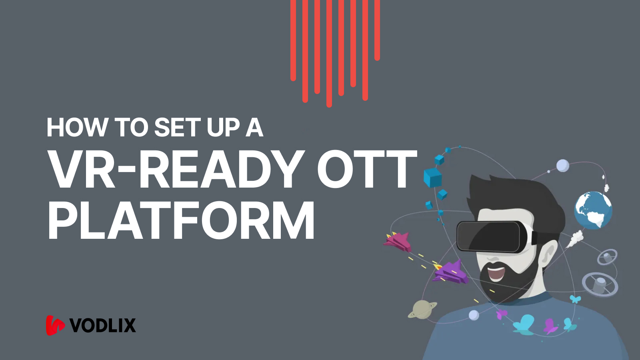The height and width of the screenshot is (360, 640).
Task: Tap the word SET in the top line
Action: (177, 128)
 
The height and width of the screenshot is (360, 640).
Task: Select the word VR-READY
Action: (176, 170)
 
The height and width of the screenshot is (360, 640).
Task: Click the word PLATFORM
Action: (181, 221)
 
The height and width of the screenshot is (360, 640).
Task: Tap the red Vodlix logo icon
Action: (55, 325)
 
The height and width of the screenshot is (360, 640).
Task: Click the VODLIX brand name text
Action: (103, 326)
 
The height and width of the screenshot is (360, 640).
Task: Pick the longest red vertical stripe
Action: (329, 54)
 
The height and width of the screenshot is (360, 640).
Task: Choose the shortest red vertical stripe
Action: (377, 30)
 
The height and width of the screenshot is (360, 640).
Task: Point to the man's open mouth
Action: (496, 274)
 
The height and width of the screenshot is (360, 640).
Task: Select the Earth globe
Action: (593, 210)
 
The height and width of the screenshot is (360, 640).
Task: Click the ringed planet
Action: (422, 309)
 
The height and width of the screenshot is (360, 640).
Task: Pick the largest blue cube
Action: (432, 178)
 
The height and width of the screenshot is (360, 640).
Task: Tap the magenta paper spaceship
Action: (398, 242)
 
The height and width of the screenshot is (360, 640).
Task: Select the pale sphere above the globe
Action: (562, 165)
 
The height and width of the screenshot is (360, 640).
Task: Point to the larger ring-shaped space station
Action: (600, 284)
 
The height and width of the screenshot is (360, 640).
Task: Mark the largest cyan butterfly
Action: (524, 324)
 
